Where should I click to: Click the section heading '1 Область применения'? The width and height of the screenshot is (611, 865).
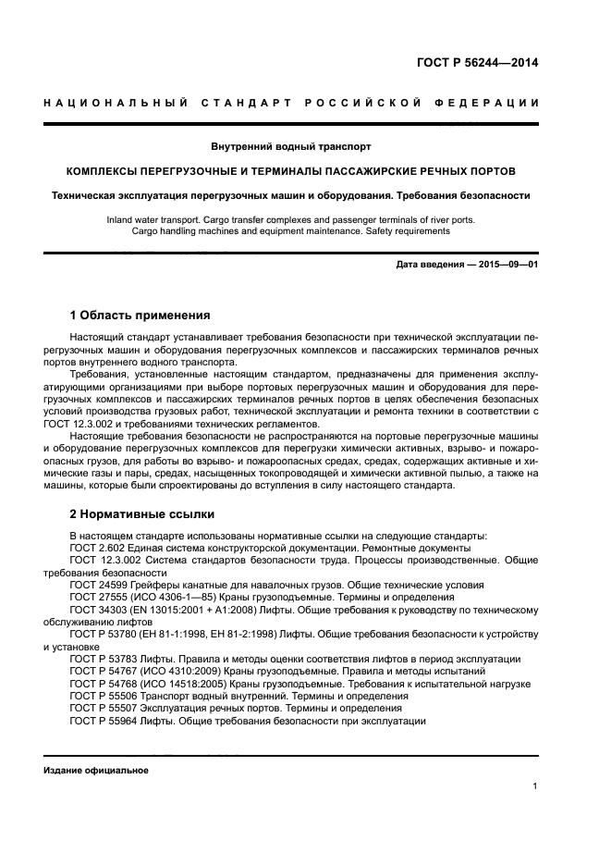[x=140, y=315]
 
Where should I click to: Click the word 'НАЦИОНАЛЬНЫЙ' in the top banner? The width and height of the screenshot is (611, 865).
[x=116, y=101]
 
